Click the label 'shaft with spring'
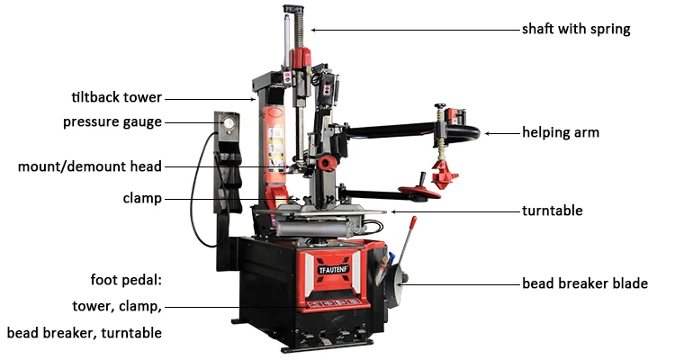point(576,30)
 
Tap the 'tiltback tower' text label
point(117,97)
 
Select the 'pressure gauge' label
point(112,122)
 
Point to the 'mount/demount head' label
point(89,166)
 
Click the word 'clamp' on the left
point(142,199)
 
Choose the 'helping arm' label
point(561,132)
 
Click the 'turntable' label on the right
point(553,211)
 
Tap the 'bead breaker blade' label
point(585,283)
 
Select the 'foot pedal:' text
point(126,280)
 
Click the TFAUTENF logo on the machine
point(334,270)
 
